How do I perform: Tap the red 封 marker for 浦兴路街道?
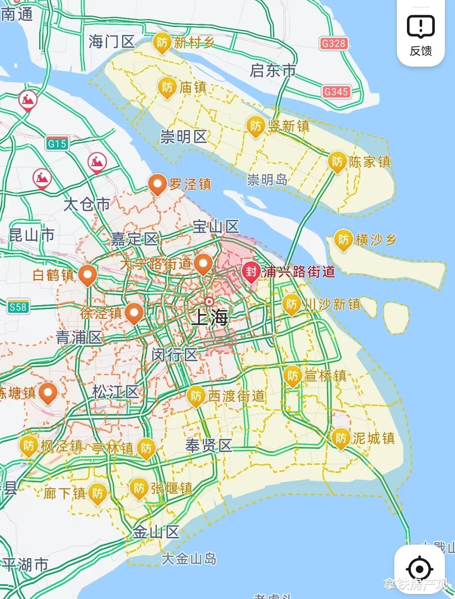pos(251,272)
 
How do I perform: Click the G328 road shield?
pos(333,43)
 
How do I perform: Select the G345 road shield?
pos(336,91)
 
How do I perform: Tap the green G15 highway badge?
pos(57,144)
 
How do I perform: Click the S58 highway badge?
pos(18,307)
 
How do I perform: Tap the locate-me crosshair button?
pos(419,569)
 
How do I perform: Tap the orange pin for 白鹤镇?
pos(88,275)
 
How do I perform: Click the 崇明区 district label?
pos(184,137)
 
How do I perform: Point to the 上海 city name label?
pos(209,317)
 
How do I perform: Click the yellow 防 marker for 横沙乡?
pos(343,240)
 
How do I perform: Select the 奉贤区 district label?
pos(209,446)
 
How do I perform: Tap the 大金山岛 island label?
pos(189,559)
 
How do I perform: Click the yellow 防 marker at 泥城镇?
pos(340,438)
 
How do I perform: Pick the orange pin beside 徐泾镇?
pos(134,313)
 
